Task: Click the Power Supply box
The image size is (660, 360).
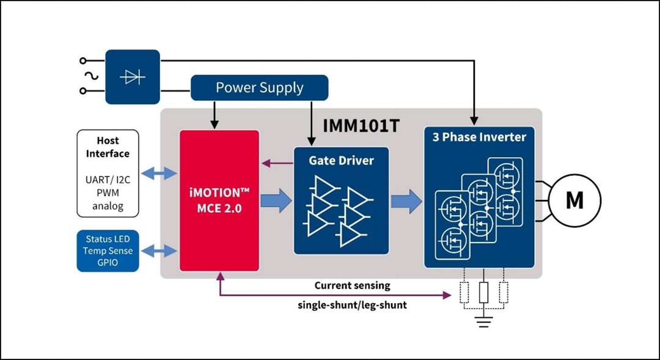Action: [260, 87]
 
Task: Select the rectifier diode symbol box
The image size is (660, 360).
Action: [133, 77]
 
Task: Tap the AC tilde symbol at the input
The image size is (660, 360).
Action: [95, 76]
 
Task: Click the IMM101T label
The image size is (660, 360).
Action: [362, 127]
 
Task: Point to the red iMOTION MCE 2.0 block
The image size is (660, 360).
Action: [219, 200]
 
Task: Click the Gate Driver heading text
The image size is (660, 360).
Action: [341, 161]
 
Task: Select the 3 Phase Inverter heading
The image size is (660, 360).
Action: [479, 137]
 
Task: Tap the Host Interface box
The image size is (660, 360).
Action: [108, 173]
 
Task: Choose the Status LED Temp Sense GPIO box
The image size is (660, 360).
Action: [108, 251]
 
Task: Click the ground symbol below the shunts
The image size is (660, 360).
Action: [484, 322]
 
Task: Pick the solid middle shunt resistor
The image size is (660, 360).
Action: [484, 293]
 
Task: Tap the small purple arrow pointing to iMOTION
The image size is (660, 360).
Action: [276, 163]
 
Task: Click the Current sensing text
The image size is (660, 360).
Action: [352, 285]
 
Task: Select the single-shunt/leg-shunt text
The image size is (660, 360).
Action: [352, 304]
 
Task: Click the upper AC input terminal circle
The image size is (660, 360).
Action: [83, 61]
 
